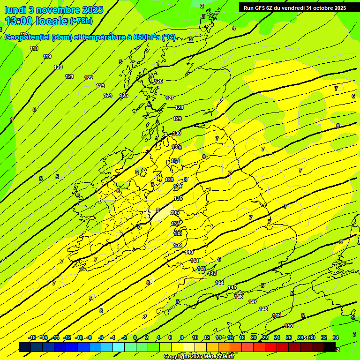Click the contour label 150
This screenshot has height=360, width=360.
(x=289, y=326)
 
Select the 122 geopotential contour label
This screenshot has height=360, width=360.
(x=89, y=78)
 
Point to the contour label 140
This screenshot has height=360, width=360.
(x=189, y=253)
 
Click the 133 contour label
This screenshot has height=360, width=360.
(x=169, y=180)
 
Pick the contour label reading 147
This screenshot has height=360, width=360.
(x=253, y=302)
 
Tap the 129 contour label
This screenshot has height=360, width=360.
(x=178, y=119)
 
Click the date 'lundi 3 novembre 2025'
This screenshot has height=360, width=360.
(x=54, y=10)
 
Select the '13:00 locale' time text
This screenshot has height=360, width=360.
(x=36, y=21)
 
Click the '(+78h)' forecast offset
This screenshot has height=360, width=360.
(x=81, y=21)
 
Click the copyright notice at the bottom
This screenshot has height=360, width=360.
(x=199, y=357)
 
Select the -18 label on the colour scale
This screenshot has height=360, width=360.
(x=32, y=337)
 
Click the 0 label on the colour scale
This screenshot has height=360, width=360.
(x=135, y=337)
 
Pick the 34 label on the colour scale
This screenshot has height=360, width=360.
(x=336, y=337)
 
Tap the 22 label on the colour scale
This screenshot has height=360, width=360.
(x=265, y=337)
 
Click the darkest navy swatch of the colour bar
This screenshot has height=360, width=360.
(x=25, y=347)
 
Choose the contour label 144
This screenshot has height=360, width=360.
(x=219, y=283)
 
